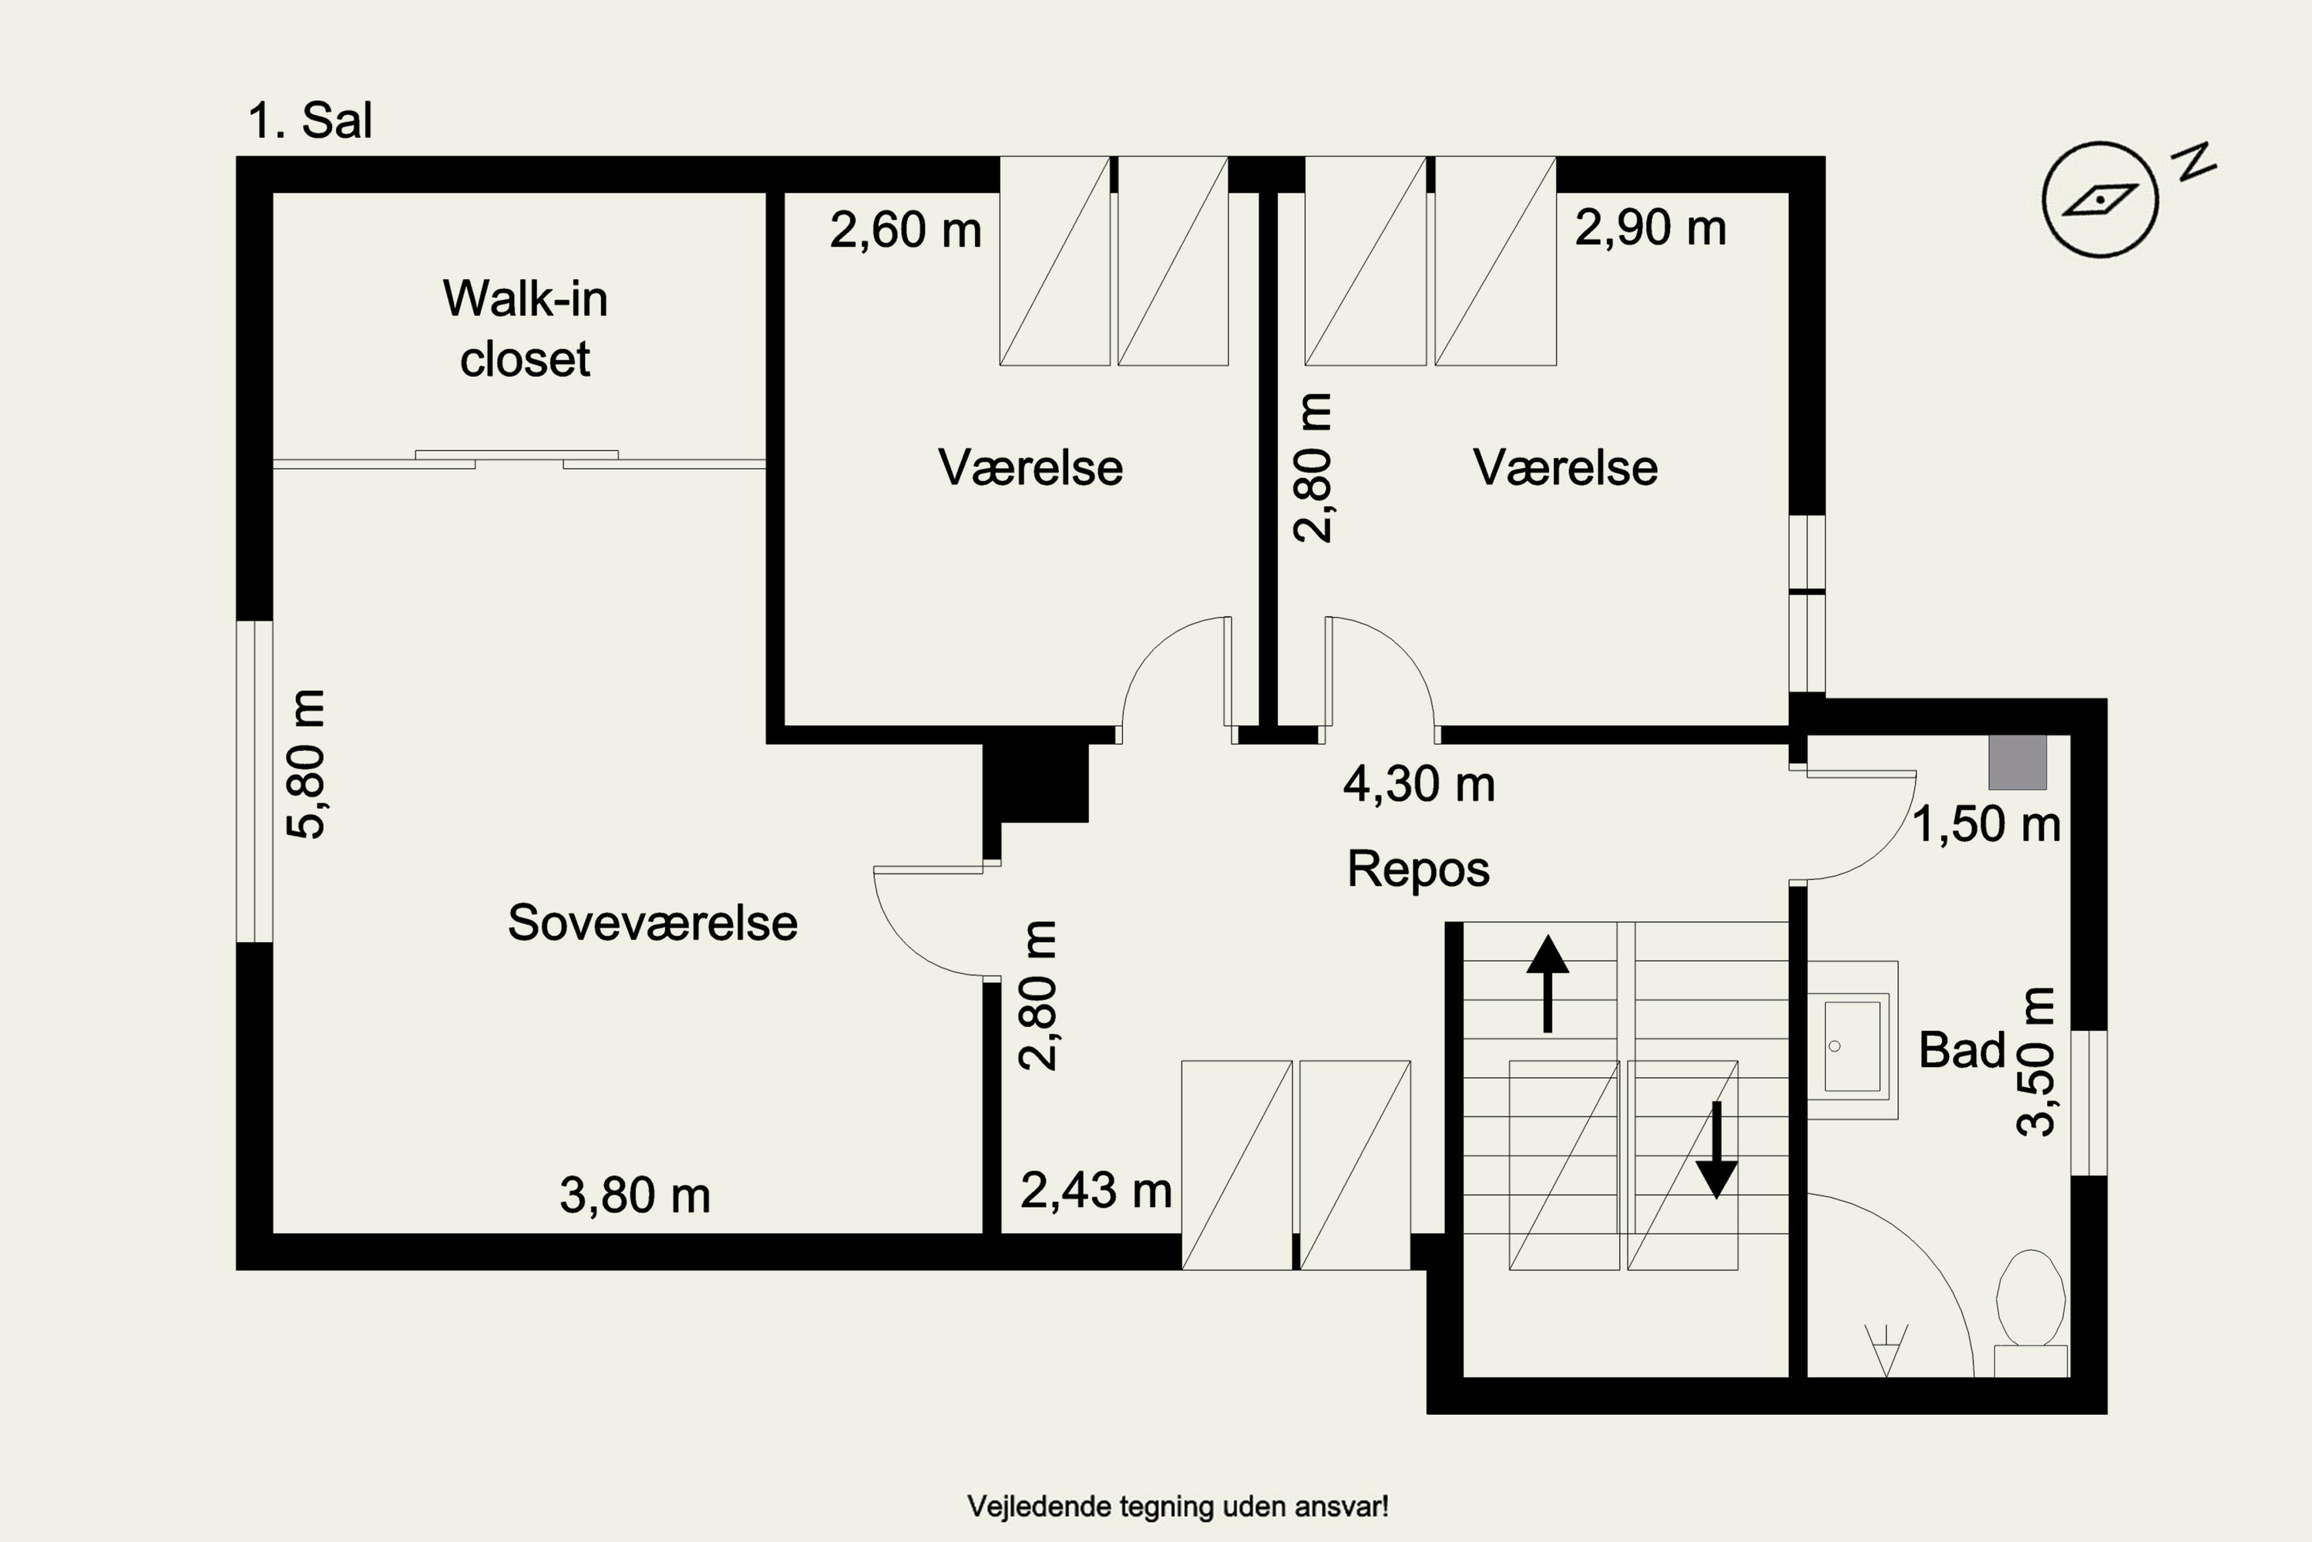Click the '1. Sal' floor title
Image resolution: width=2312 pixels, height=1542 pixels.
(310, 121)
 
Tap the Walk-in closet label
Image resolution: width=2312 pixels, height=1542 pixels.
(525, 328)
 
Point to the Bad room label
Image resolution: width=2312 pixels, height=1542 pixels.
(1961, 1050)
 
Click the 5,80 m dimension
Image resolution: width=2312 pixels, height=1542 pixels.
(306, 764)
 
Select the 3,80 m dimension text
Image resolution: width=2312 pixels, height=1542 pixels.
(635, 1196)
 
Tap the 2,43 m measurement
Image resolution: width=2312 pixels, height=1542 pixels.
(1096, 1190)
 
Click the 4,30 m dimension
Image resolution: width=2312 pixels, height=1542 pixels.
(1420, 785)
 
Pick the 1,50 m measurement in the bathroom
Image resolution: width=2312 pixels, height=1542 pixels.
(1987, 823)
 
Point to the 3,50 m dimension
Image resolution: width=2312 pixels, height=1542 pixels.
(2035, 1063)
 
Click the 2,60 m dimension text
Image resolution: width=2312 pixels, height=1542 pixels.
(906, 230)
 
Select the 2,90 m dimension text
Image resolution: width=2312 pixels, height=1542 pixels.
(1651, 228)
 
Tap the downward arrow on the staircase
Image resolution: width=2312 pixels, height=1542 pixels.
(1716, 1150)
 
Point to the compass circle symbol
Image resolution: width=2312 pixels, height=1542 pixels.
(2099, 200)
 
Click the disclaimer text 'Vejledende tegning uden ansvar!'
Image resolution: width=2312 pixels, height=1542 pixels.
(1178, 1506)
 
